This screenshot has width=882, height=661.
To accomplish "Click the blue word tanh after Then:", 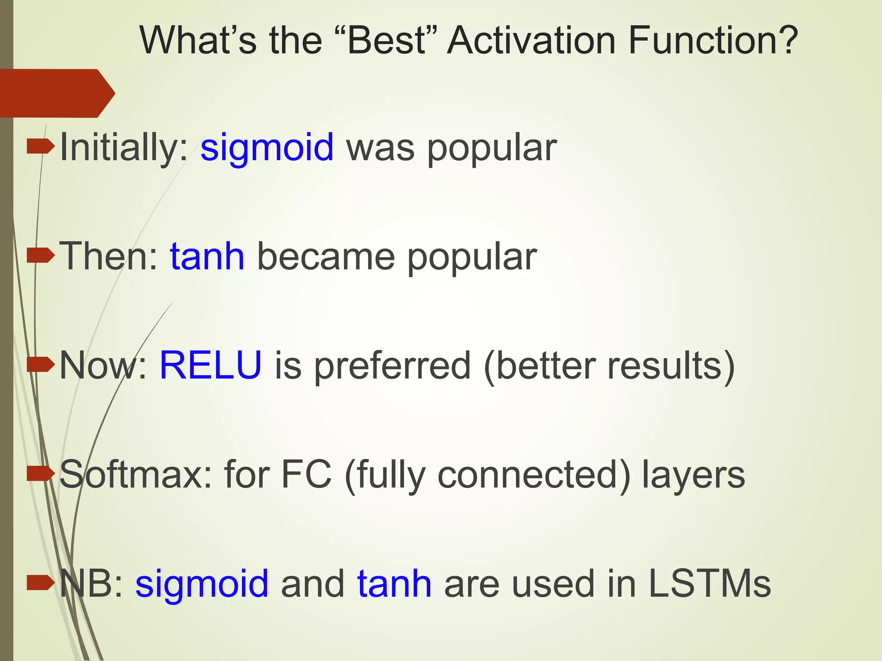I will coord(207,256).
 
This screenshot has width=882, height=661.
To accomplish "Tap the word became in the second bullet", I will coord(326,256).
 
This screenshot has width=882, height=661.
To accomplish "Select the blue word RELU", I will coord(211,365).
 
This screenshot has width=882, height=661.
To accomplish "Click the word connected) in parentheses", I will coord(534,475).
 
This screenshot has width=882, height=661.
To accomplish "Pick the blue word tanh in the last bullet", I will coord(394,584).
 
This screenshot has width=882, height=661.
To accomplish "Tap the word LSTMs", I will coord(709,584).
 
